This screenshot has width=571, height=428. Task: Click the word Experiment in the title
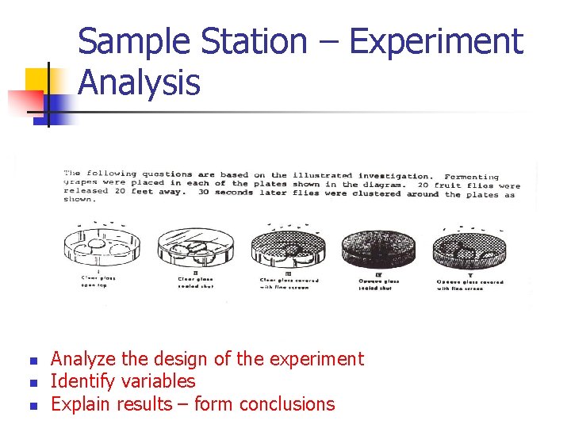[436, 42]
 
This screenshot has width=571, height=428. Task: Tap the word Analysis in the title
[140, 82]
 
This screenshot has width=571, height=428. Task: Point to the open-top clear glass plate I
[98, 250]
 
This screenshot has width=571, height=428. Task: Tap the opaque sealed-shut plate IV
[378, 250]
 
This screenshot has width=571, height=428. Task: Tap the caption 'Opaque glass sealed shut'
[378, 284]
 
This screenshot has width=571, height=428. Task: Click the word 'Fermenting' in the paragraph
[472, 177]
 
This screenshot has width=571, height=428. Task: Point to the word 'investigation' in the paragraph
[395, 175]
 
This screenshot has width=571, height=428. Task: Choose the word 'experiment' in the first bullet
[316, 359]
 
